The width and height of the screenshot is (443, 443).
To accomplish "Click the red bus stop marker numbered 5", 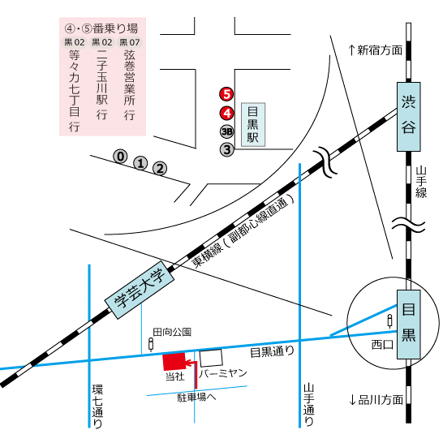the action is coord(226,94).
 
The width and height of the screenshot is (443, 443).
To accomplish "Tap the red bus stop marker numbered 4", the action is coord(227,113).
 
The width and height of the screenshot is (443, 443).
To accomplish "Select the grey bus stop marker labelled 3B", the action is coord(227,131).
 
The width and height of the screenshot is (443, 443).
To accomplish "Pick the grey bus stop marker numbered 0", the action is coord(121,157).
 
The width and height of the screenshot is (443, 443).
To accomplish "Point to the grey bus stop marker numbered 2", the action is coord(160,169).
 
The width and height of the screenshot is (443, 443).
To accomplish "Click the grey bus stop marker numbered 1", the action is coord(140,163).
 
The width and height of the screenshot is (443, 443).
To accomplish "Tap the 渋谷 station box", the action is coord(409,117).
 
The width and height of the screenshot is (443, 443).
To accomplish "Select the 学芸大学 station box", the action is coord(140,290).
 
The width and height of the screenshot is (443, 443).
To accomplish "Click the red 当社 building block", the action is coord(174,361).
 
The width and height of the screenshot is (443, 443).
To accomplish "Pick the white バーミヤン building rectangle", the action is coord(211,358).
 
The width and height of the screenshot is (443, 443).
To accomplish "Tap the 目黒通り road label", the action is coord(273,352).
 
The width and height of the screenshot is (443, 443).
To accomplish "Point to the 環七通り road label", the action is coord(97,406).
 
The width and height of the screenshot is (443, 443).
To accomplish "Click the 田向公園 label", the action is coord(172,332).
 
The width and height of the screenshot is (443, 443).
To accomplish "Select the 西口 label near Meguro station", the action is coord(382,345).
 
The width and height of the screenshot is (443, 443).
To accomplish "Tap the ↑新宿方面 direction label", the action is coord(375,50).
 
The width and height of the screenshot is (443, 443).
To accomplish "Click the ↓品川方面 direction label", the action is coord(376,400).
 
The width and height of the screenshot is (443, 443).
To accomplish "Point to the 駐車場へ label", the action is coord(196,398).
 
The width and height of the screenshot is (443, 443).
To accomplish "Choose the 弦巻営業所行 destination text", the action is coord(129,85).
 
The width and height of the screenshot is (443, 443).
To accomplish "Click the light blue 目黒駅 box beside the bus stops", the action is coord(253,125).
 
